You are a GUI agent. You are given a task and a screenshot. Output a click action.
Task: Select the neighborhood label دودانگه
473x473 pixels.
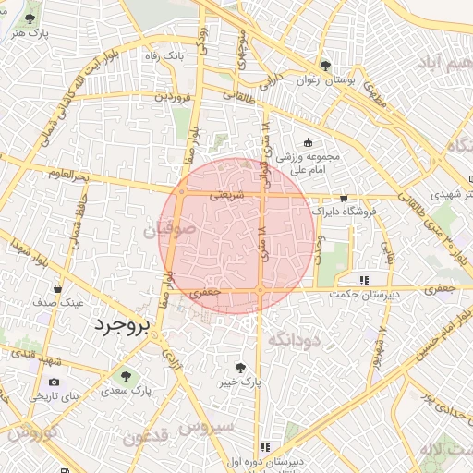[x=292, y=340]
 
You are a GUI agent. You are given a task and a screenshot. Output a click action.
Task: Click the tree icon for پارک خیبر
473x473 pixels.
[x=242, y=367]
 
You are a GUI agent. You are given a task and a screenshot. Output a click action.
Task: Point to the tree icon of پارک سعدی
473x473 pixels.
[x=125, y=375]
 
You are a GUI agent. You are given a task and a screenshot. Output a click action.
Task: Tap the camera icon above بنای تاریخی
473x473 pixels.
[x=54, y=382]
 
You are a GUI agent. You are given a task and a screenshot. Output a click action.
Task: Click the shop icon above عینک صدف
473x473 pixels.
[x=58, y=288]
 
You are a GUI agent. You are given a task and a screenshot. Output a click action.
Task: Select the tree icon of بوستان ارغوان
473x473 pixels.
[x=325, y=66]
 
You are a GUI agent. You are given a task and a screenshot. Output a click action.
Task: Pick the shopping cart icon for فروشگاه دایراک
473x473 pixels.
[x=344, y=198]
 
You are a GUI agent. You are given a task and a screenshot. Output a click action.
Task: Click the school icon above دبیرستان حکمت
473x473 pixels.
[x=365, y=279]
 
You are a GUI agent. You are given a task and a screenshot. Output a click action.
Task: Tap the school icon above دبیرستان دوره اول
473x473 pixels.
[x=266, y=447]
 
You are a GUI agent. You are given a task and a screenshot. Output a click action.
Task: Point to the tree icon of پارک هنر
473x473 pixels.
[x=30, y=18]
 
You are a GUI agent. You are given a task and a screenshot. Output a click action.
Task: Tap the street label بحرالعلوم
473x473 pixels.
[x=68, y=175]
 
